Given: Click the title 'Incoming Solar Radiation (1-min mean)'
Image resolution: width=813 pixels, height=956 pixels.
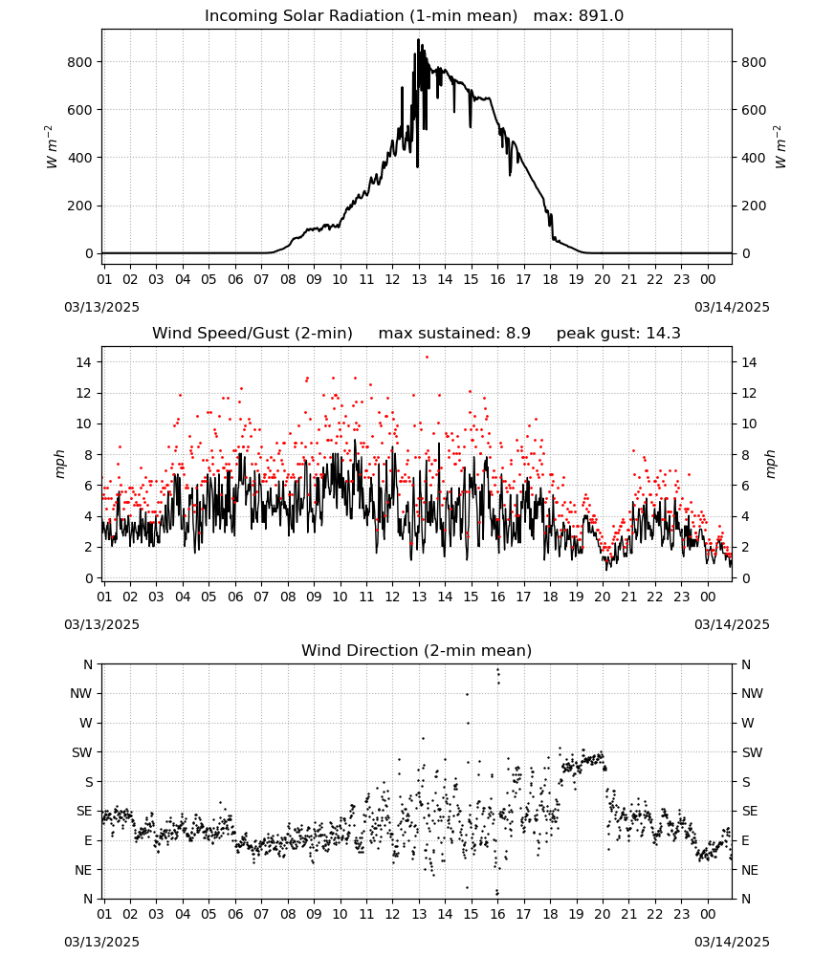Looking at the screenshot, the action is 361,16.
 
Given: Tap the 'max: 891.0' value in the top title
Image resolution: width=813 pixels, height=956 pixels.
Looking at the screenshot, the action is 579,16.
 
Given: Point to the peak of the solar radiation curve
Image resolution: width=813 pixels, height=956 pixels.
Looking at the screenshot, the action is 418,39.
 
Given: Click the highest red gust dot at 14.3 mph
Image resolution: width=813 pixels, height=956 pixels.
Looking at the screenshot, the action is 427,358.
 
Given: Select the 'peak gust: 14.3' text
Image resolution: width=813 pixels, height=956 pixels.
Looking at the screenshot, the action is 619,334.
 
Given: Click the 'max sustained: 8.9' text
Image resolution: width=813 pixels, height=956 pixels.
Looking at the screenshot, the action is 454,334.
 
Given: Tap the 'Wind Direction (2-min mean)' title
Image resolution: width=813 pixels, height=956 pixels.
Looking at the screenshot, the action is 417,650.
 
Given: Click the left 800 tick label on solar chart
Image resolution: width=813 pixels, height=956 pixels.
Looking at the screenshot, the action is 80,62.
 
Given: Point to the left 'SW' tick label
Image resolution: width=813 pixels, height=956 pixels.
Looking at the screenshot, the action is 82,752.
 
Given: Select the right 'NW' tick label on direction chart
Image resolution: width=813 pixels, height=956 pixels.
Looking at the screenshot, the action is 752,693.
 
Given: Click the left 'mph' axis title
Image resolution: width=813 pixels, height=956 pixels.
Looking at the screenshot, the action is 59,464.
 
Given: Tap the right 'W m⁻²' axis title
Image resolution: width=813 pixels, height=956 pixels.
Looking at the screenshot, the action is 780,147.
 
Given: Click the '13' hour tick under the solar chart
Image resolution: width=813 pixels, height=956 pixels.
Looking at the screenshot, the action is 419,279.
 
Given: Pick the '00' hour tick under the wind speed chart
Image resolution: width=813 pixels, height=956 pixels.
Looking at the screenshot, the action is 708,597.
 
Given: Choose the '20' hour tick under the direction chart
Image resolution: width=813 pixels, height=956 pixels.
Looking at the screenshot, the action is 603,913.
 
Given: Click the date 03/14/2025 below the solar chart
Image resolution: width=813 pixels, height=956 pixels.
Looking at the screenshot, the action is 732,307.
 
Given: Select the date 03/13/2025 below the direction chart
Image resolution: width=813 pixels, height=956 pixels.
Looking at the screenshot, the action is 101,942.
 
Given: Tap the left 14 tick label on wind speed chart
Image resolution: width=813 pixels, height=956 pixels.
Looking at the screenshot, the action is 84,362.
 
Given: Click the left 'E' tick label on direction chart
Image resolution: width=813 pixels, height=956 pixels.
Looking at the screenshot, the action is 88,840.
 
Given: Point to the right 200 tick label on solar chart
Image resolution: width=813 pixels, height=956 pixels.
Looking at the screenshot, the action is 754,206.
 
